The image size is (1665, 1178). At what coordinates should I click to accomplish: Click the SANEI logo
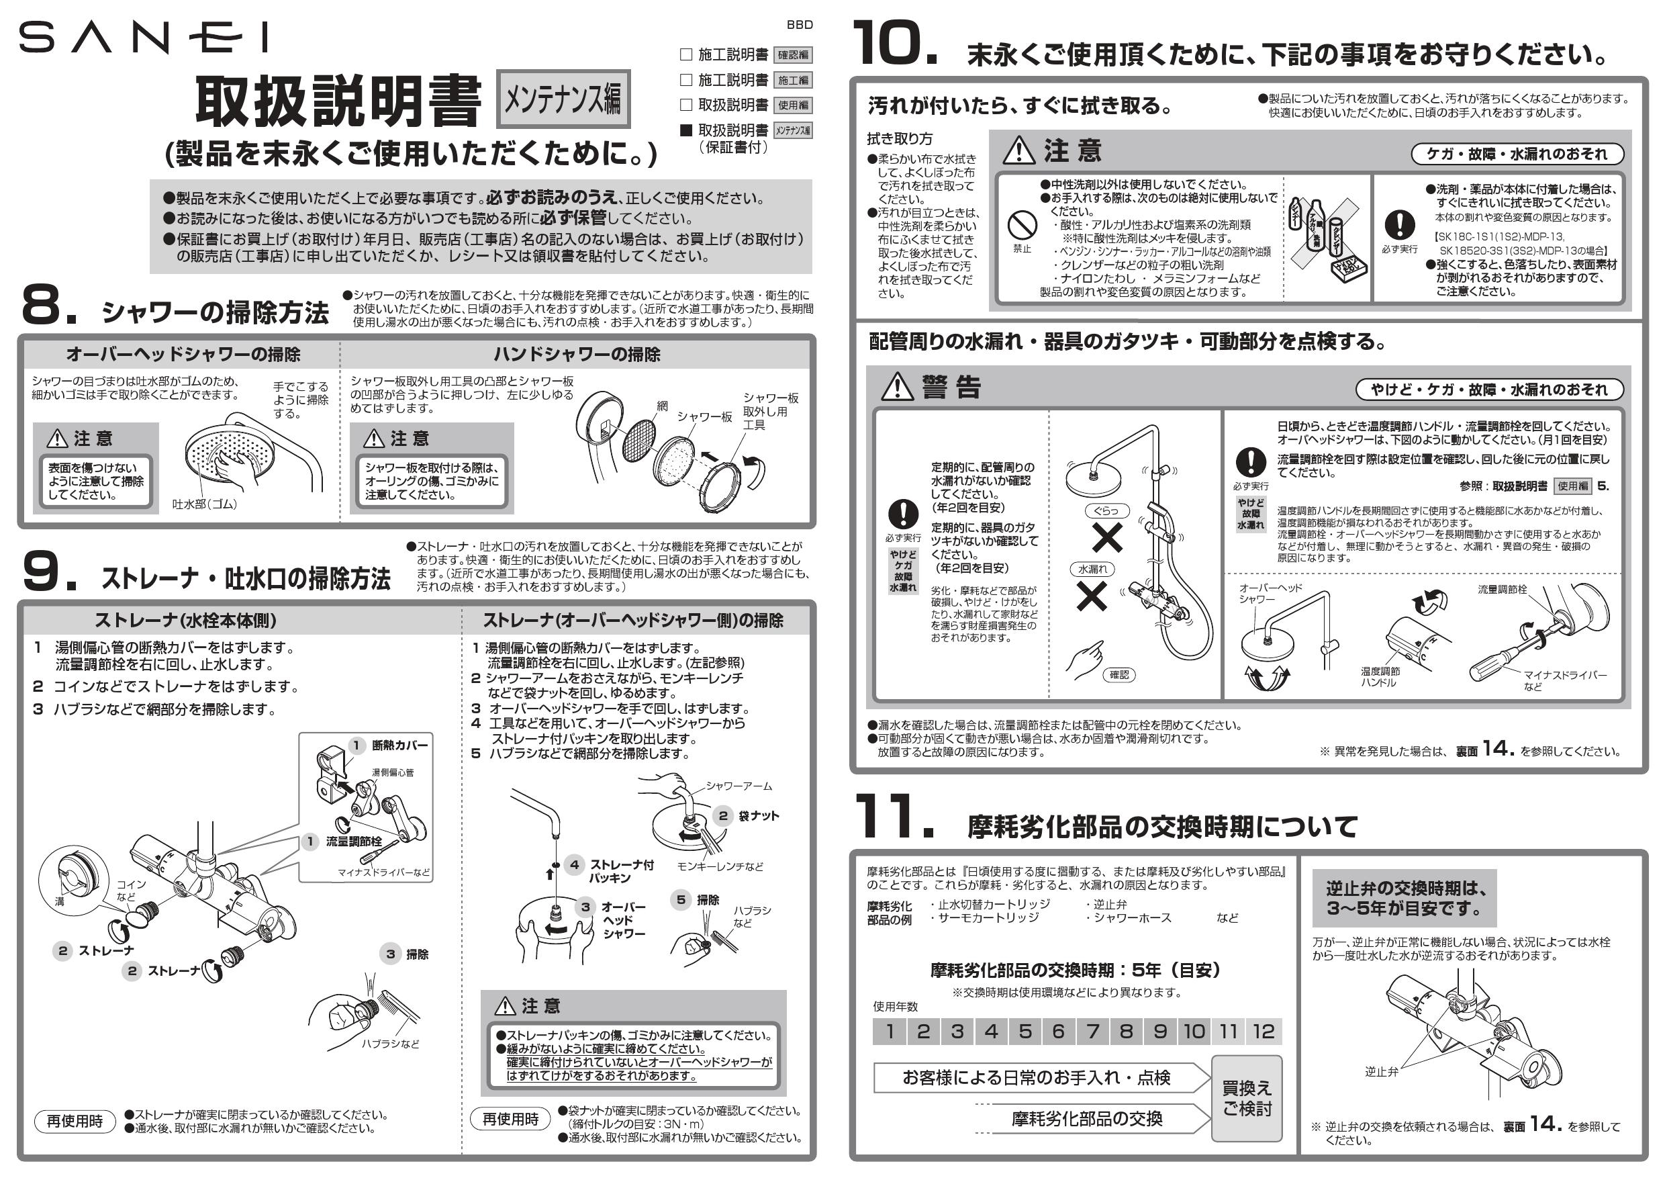point(143,38)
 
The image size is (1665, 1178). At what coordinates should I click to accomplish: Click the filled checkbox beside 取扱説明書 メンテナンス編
point(685,130)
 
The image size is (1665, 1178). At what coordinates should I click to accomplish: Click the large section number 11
point(893,817)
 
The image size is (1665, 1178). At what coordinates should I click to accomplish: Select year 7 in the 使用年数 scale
point(1093,1031)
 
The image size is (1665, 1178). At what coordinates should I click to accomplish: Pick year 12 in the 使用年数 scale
point(1263,1031)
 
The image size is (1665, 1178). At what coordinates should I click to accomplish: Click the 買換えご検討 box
point(1247,1098)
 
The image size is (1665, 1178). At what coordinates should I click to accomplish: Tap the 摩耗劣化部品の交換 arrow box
point(1086,1118)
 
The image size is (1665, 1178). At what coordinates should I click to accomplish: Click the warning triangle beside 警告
point(897,387)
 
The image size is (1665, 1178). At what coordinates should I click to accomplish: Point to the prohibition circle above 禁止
point(1022,226)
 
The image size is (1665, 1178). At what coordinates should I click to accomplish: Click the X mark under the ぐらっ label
point(1106,537)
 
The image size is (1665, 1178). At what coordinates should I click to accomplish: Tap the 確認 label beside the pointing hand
point(1119,674)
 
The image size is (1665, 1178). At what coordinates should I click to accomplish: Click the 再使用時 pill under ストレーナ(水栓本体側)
point(75,1122)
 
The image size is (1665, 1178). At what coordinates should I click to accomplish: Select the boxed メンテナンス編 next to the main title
point(563,99)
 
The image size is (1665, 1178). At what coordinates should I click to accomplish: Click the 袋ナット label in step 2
point(759,815)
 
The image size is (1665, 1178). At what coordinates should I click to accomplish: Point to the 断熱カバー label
point(399,745)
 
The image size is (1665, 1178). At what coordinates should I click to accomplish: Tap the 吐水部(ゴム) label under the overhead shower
point(205,504)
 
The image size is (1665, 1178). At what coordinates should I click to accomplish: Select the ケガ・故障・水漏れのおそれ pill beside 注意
point(1517,154)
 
